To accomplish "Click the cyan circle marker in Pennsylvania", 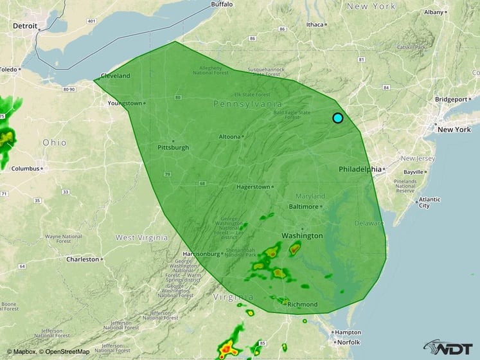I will [x=338, y=118].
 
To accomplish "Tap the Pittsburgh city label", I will [x=173, y=147].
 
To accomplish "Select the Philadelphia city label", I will [x=360, y=169].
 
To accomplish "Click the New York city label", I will [x=454, y=129].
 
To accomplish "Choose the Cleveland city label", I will [x=115, y=75].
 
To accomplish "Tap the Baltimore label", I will [x=303, y=206].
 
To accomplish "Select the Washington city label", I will [x=302, y=236].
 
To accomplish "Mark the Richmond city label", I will [x=302, y=304].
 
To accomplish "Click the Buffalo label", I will [x=222, y=4].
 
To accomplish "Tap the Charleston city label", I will [x=83, y=259].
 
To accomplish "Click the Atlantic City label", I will [x=429, y=203].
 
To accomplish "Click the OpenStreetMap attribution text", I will [x=66, y=352].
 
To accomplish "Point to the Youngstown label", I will [x=124, y=103].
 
